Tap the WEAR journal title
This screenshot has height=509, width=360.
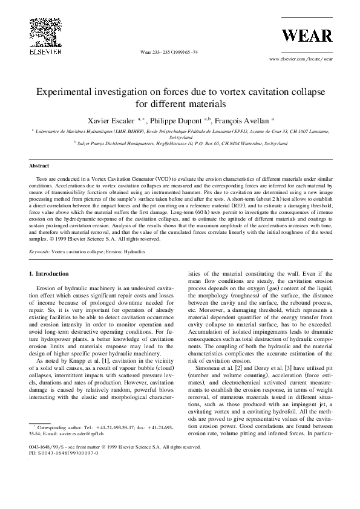click(x=307, y=36)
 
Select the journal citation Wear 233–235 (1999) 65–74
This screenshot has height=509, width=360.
click(x=169, y=53)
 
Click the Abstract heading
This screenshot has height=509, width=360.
click(x=39, y=165)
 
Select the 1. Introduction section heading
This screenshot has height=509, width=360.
click(x=49, y=274)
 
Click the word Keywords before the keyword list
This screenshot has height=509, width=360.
click(x=39, y=250)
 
